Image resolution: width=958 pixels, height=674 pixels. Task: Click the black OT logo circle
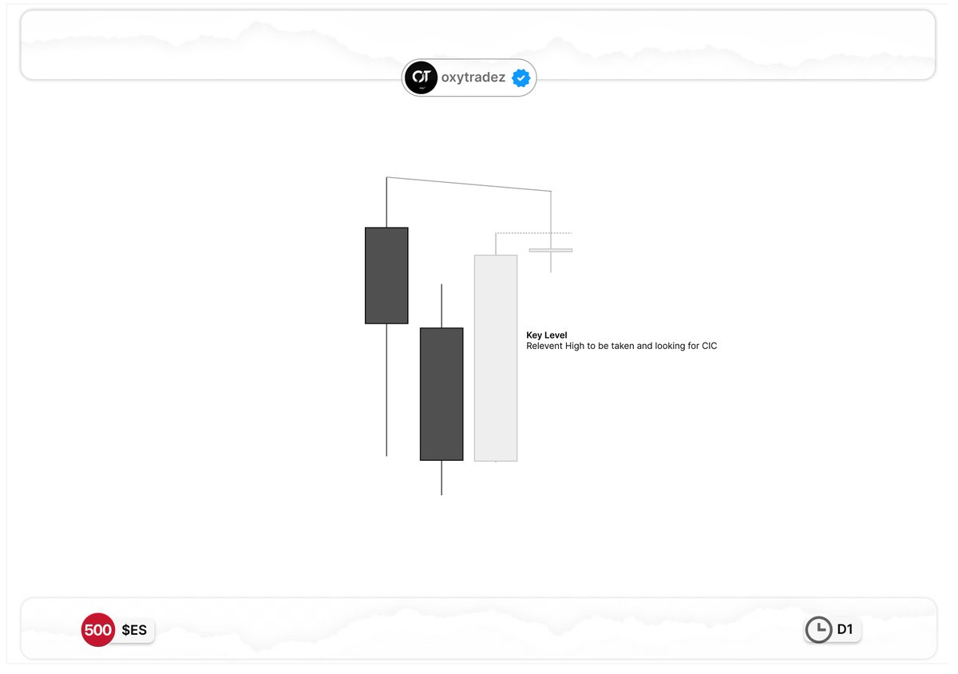coord(422,77)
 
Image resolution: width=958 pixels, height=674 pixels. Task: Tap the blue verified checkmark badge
coord(521,78)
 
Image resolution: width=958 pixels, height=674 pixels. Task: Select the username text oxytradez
coord(473,77)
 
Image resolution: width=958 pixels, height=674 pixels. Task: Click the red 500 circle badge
coord(98,629)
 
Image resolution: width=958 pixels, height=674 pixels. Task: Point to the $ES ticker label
coord(134,630)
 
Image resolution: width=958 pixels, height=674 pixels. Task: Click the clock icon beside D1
coord(818,629)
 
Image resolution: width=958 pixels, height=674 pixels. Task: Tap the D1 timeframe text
coord(845,629)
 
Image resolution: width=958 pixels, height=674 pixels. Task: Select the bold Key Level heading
coord(547,335)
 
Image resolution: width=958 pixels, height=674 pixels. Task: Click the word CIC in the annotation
coord(709,346)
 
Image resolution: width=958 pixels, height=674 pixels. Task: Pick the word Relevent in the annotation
coord(544,346)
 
